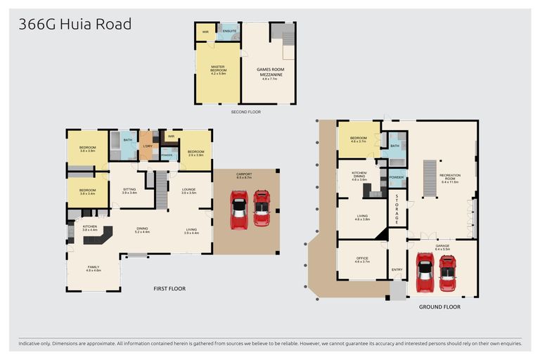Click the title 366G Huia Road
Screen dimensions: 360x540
[75, 25]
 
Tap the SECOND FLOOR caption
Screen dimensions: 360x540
[245, 112]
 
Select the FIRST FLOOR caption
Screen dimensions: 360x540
[169, 288]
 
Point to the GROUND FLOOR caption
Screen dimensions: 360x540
[439, 307]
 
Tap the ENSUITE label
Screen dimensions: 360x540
[229, 32]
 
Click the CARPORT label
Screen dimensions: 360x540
[246, 179]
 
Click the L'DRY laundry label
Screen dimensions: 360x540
[148, 146]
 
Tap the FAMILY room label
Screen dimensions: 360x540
[94, 268]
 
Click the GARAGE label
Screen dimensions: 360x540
[443, 247]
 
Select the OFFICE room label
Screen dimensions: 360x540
[362, 259]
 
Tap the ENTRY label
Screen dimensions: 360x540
[397, 269]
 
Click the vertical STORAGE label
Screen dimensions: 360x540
[397, 209]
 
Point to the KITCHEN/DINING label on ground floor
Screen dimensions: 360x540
[362, 177]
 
